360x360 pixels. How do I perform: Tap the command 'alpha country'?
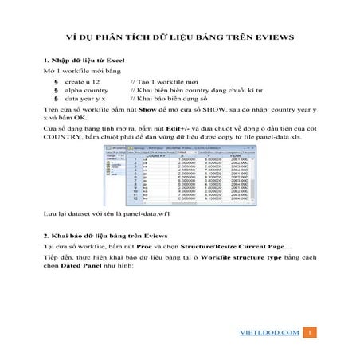pos(87,92)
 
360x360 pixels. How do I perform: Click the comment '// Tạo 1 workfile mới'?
pos(163,82)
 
